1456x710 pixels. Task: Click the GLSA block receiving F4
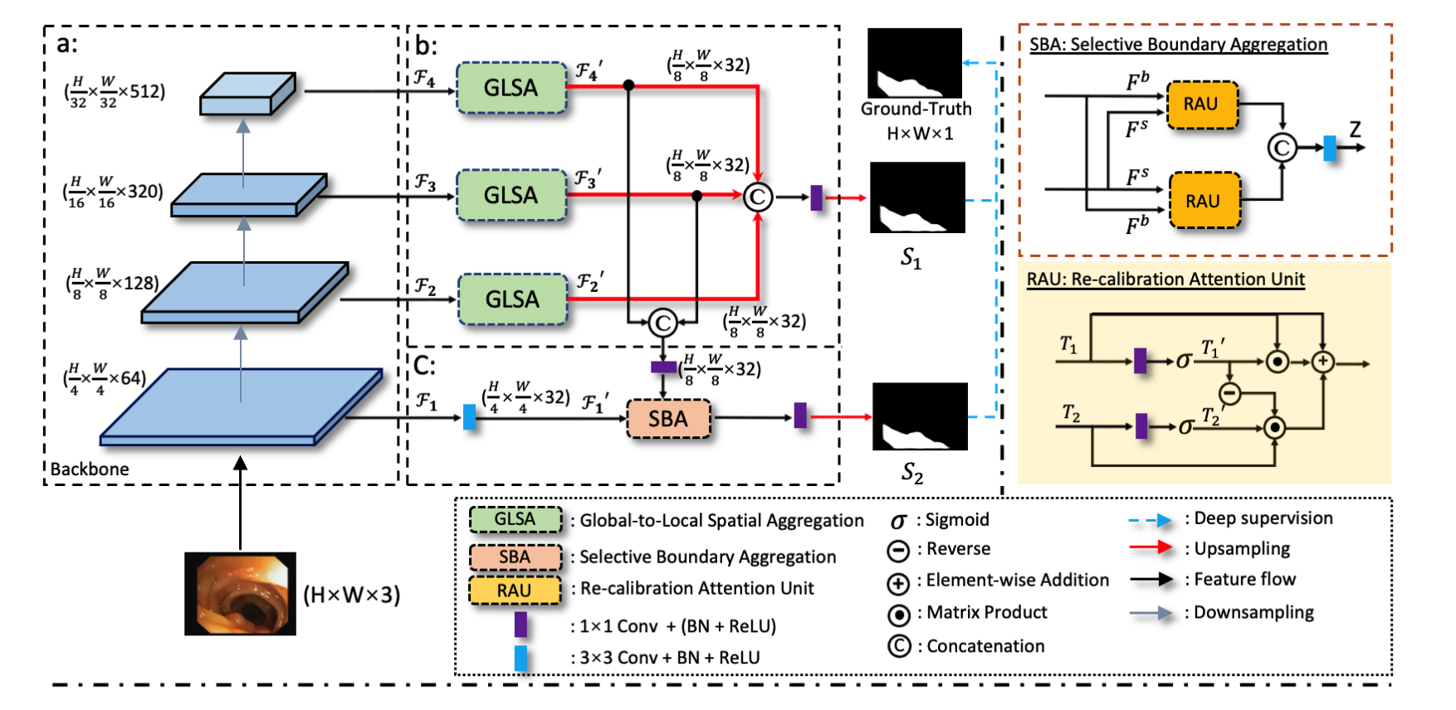click(x=511, y=88)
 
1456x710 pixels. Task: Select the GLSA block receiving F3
click(x=511, y=195)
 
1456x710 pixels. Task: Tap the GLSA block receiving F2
click(x=512, y=299)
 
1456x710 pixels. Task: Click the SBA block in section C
click(x=668, y=419)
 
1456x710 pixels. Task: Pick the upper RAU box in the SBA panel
click(x=1201, y=105)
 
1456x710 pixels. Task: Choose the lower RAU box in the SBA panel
click(x=1203, y=202)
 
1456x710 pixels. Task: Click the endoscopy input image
click(x=240, y=594)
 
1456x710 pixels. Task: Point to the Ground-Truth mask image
click(x=915, y=63)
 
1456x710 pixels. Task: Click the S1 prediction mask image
click(x=917, y=197)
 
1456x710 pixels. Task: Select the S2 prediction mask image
click(x=920, y=416)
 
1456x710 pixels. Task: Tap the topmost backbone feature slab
click(x=247, y=93)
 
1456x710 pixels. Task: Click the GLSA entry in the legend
click(x=515, y=519)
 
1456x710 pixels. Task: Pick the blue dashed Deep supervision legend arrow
click(x=1151, y=520)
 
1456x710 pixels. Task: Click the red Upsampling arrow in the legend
click(x=1151, y=548)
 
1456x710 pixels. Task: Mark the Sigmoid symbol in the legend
click(x=898, y=521)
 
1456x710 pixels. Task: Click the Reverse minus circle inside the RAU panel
click(x=1229, y=392)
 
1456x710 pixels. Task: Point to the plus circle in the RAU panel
click(x=1322, y=362)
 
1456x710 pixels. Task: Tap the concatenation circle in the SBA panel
click(x=1282, y=148)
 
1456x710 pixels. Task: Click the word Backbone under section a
click(x=90, y=469)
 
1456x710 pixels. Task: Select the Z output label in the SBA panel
click(x=1355, y=129)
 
